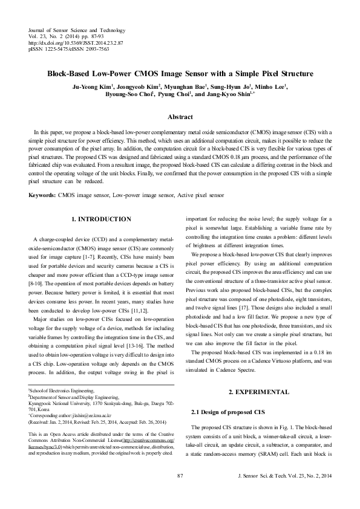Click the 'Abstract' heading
point(180,117)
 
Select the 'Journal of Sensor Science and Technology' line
point(76,30)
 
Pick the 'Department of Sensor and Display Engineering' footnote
point(71,398)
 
